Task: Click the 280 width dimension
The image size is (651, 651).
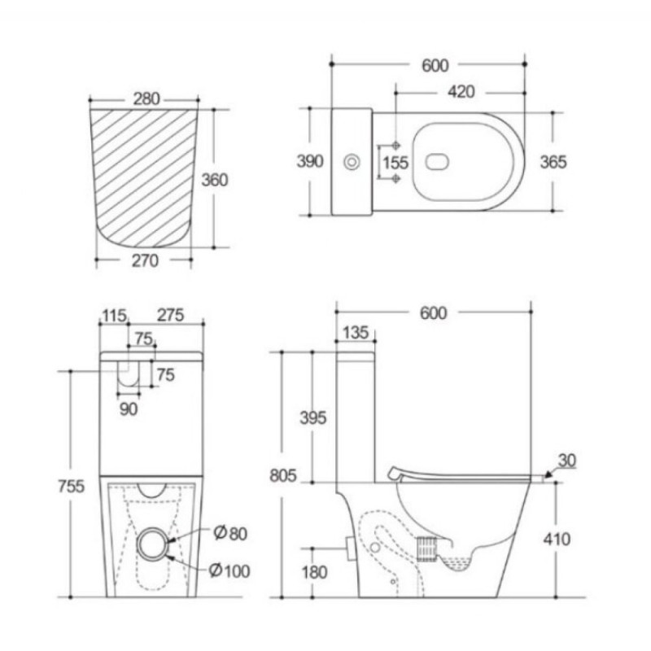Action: [146, 98]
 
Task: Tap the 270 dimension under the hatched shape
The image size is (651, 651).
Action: [145, 260]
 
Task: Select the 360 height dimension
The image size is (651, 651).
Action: [215, 180]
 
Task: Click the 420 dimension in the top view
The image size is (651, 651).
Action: [461, 92]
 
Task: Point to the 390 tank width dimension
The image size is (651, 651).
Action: [310, 161]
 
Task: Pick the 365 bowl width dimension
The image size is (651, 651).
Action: [553, 162]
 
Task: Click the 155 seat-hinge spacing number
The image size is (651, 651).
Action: [395, 162]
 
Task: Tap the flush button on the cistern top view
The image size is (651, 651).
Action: [352, 162]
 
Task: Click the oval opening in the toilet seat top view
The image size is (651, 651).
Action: [437, 162]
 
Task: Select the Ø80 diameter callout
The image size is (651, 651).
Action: [230, 533]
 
